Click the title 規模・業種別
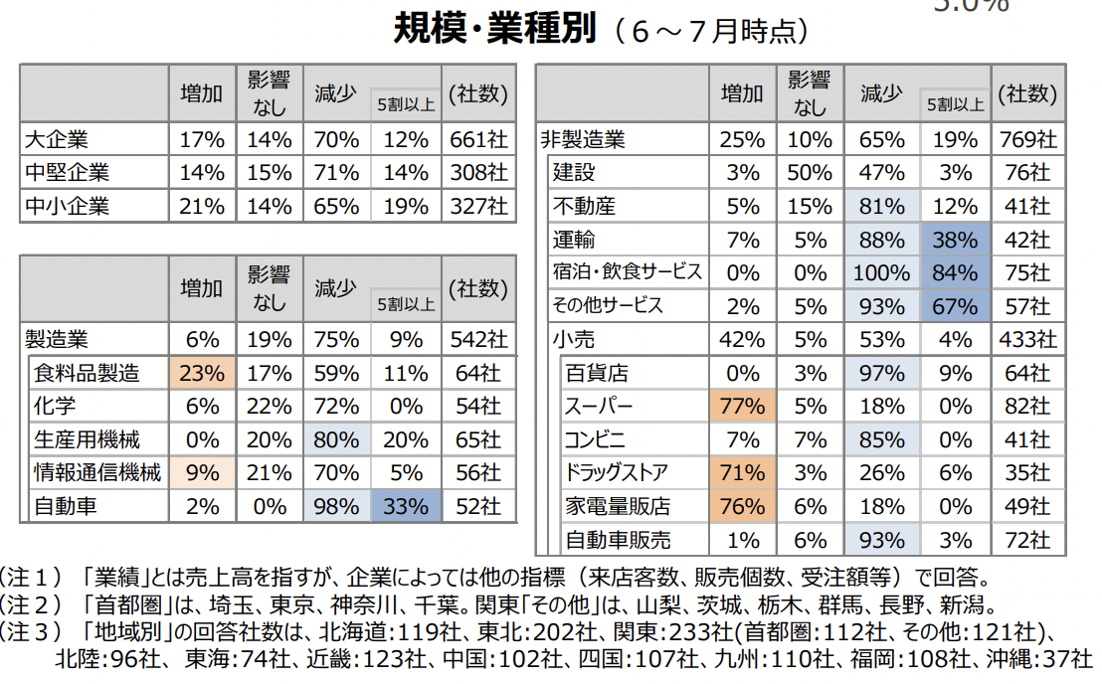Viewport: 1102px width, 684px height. (x=494, y=29)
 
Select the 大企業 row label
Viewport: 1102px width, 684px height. (x=56, y=139)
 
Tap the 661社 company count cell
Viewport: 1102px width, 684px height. (x=478, y=139)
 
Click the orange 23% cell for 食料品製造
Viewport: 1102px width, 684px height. (x=202, y=374)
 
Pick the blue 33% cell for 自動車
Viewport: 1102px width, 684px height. (x=407, y=506)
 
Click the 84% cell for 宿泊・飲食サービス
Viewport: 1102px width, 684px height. (x=955, y=272)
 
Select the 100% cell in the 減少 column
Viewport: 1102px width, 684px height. (x=881, y=272)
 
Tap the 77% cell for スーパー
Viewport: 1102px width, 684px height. (x=742, y=407)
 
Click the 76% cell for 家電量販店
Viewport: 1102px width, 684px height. (x=742, y=506)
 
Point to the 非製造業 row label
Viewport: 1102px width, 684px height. (x=582, y=139)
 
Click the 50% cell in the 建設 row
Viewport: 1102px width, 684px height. (x=809, y=173)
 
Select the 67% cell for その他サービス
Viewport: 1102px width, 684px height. (x=955, y=305)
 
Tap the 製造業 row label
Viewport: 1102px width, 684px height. (x=56, y=340)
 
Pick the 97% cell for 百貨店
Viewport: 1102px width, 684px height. (x=881, y=374)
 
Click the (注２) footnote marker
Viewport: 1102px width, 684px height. (x=33, y=604)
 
